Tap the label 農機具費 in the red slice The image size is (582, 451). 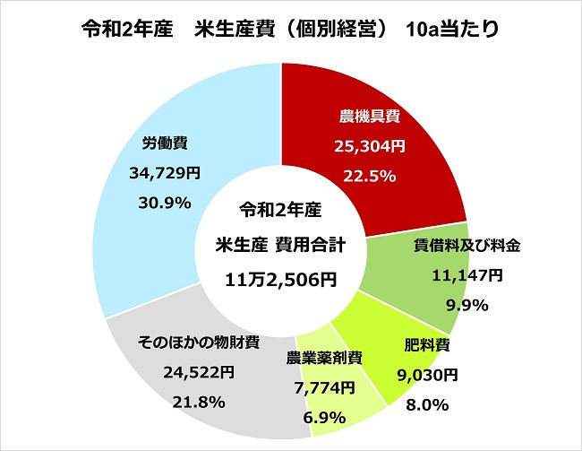(x=368, y=117)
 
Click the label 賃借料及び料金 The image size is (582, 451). (x=466, y=245)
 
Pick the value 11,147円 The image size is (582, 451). (x=466, y=274)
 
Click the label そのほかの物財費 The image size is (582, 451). (x=199, y=342)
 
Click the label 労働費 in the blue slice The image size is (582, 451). (x=164, y=143)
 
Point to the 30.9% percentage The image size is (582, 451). (x=166, y=203)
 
